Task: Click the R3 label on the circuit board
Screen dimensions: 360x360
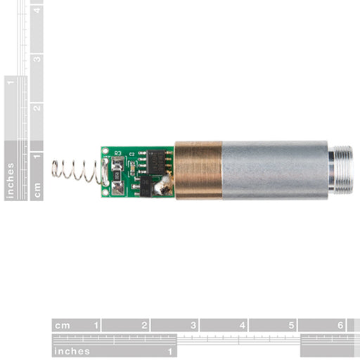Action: pos(118,153)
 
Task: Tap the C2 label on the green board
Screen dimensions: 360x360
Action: pos(132,154)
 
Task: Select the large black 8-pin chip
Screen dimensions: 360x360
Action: pos(156,162)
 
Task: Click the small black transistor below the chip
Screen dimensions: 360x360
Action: pos(146,186)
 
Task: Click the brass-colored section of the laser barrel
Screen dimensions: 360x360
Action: pos(198,170)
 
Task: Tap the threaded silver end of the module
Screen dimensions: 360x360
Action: pos(340,169)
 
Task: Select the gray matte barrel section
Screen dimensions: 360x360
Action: pos(275,170)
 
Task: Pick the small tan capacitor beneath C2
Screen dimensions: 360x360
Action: pos(133,167)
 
